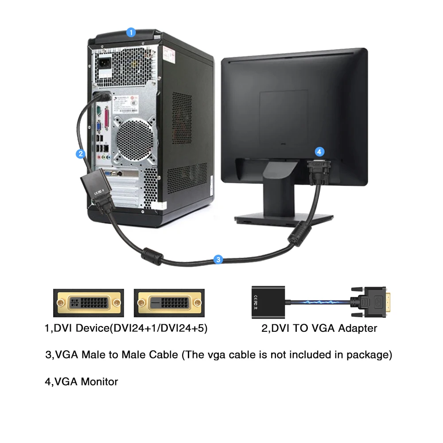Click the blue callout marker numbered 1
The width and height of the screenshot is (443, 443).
click(x=131, y=32)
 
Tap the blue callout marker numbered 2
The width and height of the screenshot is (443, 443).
click(x=80, y=154)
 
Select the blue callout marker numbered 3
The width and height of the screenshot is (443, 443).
click(x=218, y=260)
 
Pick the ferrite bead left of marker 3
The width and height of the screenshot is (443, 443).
click(x=151, y=256)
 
